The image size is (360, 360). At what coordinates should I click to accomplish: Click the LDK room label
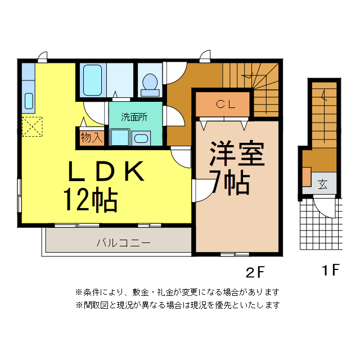point(106,172)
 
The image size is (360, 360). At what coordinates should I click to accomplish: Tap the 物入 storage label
point(91,137)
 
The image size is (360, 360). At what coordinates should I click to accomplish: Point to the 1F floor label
point(331,271)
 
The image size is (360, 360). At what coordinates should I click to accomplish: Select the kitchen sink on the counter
point(29,102)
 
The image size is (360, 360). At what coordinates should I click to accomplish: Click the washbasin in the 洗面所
point(141,138)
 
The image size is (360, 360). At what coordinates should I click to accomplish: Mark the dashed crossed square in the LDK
point(31,126)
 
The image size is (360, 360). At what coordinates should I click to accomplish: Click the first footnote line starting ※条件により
point(177,292)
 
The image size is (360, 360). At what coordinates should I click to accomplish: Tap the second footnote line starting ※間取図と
point(177,305)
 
